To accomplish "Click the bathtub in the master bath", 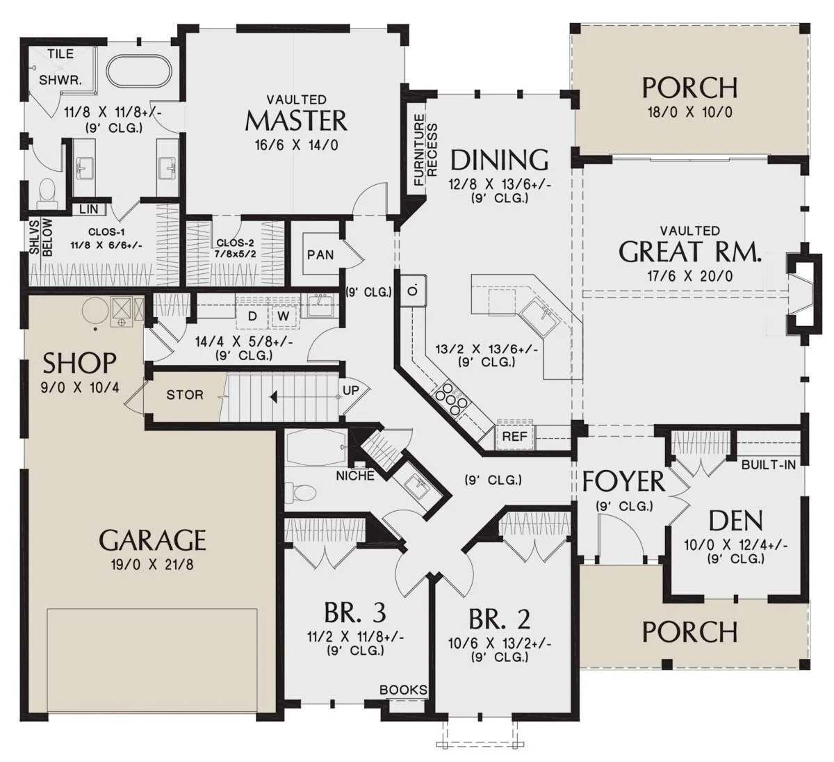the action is [x=139, y=71].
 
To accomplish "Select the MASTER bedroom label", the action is [x=296, y=120].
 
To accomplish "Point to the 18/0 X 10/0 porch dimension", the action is [x=689, y=113].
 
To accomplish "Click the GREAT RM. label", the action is [x=689, y=252].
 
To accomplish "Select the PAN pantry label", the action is [x=320, y=254].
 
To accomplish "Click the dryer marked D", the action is [x=252, y=316].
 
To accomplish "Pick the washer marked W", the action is [x=284, y=316].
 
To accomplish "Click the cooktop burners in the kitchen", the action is [x=450, y=398].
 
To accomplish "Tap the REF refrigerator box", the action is [x=515, y=437].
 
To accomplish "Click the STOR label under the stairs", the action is [x=185, y=395].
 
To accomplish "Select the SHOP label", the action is [x=79, y=363].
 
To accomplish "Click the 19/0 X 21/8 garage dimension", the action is [x=152, y=565].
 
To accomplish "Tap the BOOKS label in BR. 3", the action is [x=403, y=690].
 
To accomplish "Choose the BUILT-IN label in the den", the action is [x=769, y=464].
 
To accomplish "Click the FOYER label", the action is [x=623, y=481].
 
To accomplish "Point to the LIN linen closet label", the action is [x=88, y=209].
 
